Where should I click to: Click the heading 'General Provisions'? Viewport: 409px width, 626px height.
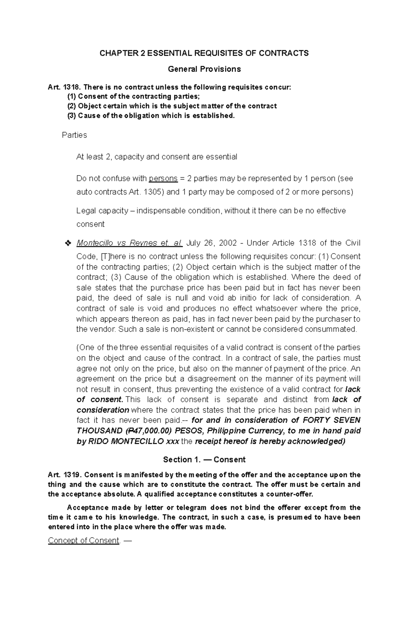tap(204, 69)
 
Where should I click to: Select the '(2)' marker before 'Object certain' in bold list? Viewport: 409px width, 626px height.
tap(72, 106)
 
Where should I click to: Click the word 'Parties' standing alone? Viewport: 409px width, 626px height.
tap(74, 135)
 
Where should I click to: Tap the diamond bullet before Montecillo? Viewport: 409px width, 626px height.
tap(67, 244)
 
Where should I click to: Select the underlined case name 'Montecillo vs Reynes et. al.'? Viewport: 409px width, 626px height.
tap(130, 243)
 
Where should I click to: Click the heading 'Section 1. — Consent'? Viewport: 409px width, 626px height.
tap(204, 460)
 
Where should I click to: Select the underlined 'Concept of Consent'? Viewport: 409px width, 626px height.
tap(84, 541)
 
